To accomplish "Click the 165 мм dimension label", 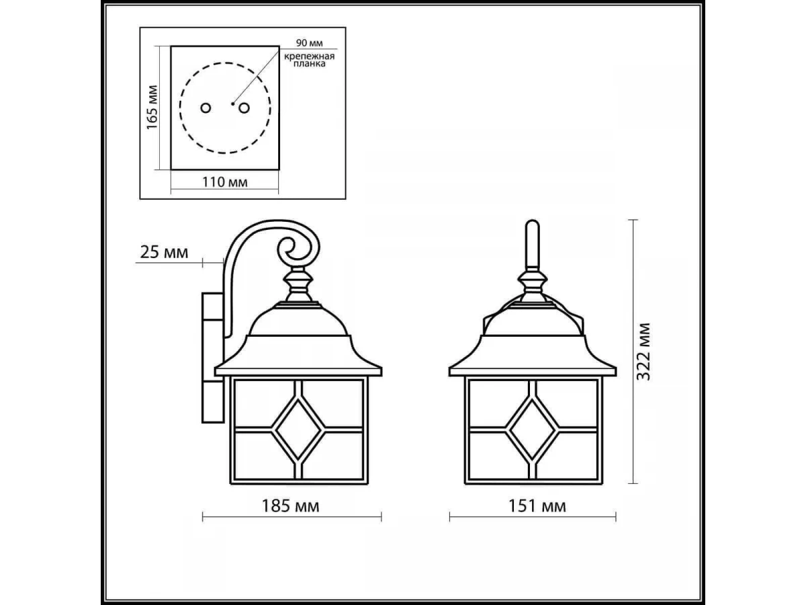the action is [152, 108].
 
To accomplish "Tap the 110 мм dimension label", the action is [225, 182].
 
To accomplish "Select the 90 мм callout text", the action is [309, 43].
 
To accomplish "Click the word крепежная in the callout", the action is [309, 56].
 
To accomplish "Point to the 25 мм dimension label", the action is [164, 252].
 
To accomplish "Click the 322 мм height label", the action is [643, 352].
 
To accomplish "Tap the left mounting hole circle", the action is [206, 108].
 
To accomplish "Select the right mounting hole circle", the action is [244, 108].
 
